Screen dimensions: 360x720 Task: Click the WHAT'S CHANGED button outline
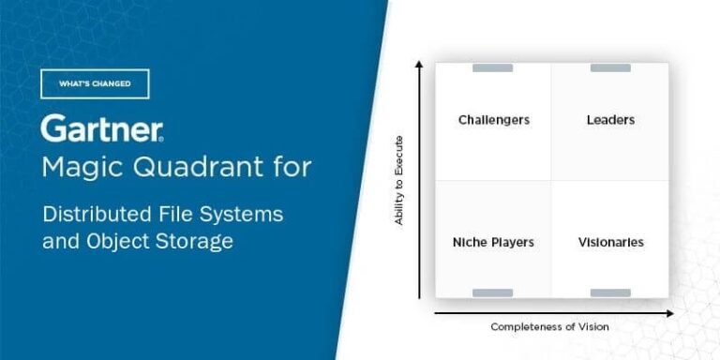point(95,83)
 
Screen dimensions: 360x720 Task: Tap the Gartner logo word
point(102,128)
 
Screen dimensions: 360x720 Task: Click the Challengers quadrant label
point(494,120)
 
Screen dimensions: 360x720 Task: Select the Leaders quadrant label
point(610,120)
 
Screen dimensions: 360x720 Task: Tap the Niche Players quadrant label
point(493,242)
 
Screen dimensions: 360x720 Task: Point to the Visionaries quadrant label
point(610,242)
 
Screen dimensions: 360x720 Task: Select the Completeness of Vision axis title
point(549,326)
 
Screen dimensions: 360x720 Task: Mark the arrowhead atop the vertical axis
point(420,65)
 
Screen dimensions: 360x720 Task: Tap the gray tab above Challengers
point(492,67)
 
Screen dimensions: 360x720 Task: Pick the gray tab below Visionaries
point(610,292)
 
